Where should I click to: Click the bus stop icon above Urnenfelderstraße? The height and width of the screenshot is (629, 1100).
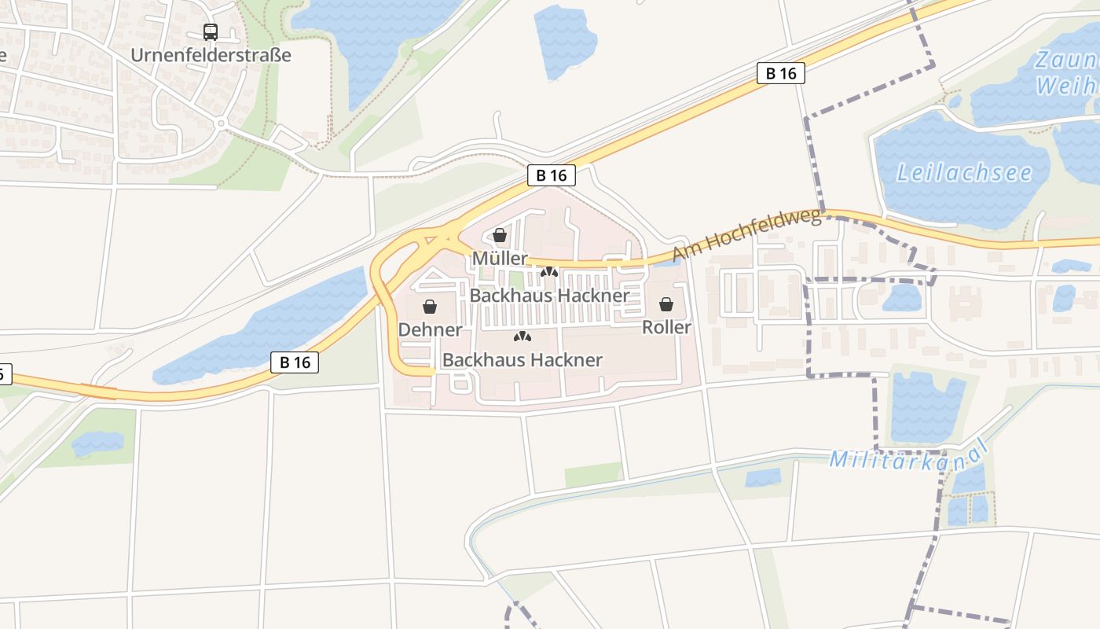[211, 32]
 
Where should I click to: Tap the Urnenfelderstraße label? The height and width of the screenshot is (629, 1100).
[211, 55]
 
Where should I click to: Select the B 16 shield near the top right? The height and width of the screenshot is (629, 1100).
[781, 73]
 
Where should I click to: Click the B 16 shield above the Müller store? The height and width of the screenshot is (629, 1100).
[552, 175]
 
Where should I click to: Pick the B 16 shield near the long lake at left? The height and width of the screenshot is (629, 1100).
[295, 362]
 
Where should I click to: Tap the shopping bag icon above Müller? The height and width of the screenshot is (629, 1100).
[499, 234]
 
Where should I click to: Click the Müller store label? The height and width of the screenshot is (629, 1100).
[500, 259]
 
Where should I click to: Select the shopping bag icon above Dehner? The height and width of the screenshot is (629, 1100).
[430, 306]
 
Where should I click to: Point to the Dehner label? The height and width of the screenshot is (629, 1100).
[430, 329]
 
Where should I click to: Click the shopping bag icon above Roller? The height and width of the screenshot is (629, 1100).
[666, 304]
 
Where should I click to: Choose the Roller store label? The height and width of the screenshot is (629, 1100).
[666, 327]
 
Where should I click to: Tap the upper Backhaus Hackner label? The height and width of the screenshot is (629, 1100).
[549, 296]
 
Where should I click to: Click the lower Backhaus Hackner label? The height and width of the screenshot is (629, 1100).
[522, 360]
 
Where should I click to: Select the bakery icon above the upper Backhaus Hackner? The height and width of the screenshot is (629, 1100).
[549, 272]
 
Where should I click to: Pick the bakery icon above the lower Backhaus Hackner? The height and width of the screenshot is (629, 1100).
[522, 337]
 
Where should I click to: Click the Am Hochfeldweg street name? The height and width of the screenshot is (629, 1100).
[746, 235]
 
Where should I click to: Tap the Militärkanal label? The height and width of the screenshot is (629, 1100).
[908, 457]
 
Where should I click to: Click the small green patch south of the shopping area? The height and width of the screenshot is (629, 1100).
[593, 475]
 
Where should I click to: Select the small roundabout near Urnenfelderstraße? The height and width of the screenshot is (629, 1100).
[221, 123]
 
